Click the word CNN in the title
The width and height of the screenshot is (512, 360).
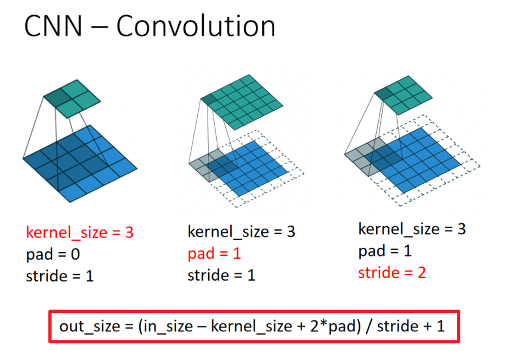point(53,26)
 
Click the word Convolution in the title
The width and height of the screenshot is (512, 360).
point(196,26)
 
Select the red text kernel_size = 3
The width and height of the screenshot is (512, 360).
point(80,233)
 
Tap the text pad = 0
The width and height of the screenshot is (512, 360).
point(53,255)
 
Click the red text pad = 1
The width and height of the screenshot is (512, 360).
point(214,254)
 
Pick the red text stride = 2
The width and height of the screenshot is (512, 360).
point(392,273)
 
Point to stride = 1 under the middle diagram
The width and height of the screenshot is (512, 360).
point(222,275)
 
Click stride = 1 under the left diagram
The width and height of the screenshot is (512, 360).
point(60,277)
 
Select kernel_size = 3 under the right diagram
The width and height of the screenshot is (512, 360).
point(412,229)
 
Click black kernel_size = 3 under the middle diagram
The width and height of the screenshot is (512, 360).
point(241,232)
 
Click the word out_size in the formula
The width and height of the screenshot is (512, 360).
point(90,326)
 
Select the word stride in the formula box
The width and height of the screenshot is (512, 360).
point(398,326)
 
